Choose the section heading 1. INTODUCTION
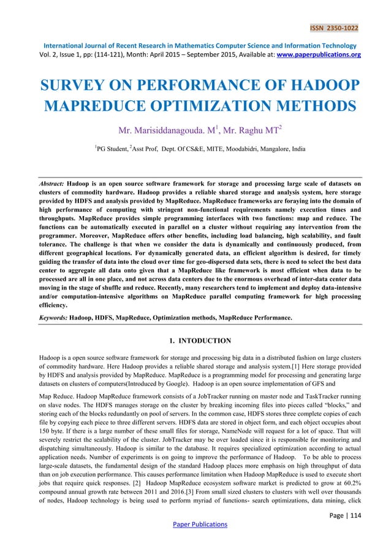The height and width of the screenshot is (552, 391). (196, 340)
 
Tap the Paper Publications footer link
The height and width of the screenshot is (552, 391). (196, 524)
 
